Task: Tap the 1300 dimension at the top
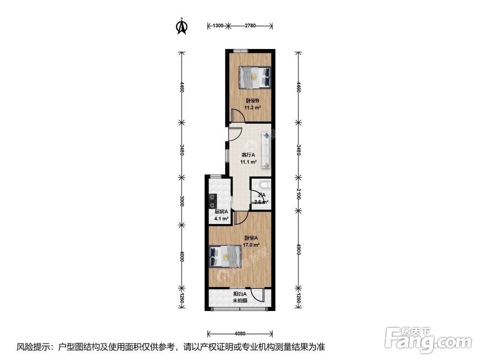(217, 25)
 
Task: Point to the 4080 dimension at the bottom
(240, 333)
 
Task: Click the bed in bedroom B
(254, 77)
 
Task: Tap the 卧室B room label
(252, 101)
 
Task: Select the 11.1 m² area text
(248, 162)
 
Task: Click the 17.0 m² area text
(251, 245)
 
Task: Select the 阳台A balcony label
(240, 294)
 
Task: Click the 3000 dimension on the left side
(182, 201)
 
